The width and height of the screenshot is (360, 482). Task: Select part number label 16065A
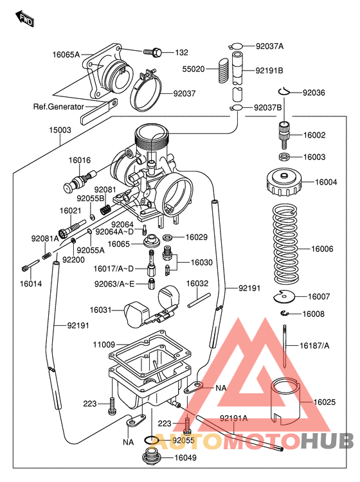(66, 55)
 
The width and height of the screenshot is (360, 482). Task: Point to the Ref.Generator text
(59, 107)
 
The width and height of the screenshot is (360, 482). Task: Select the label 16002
(314, 135)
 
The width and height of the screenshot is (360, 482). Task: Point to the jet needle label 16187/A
(314, 345)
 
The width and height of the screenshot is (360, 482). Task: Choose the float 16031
(137, 313)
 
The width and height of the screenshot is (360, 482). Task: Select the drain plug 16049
(150, 459)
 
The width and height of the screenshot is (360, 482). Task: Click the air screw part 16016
(80, 179)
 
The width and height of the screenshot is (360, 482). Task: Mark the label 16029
(197, 238)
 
